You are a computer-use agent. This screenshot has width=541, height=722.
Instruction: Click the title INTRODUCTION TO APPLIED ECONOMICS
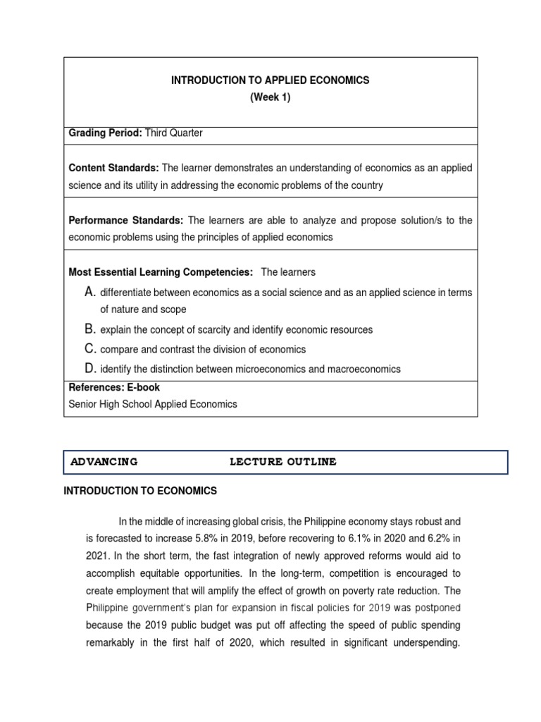(x=270, y=80)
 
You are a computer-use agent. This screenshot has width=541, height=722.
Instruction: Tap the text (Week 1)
(x=270, y=98)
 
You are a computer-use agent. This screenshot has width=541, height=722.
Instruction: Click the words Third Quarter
(x=173, y=133)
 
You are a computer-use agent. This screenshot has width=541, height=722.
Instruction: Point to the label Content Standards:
(x=113, y=168)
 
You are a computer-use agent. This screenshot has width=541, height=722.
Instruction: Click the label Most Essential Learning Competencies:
(x=160, y=272)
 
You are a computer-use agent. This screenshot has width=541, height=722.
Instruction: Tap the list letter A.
(x=89, y=292)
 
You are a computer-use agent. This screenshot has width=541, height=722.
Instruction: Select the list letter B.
(x=89, y=329)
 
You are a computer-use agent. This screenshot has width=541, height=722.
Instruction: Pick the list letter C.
(x=89, y=349)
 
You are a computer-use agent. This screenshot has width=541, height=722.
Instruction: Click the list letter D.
(x=89, y=368)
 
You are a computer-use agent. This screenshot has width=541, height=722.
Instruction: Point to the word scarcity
(x=210, y=330)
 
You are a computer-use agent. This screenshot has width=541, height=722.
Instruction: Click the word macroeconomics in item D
(x=365, y=369)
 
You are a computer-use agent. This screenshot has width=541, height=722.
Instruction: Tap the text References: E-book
(x=114, y=387)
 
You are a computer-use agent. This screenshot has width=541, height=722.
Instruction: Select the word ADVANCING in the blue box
(x=104, y=463)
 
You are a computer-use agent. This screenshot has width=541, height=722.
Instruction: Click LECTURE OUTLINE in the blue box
(x=282, y=463)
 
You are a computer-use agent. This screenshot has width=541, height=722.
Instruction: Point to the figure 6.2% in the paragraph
(x=425, y=539)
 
